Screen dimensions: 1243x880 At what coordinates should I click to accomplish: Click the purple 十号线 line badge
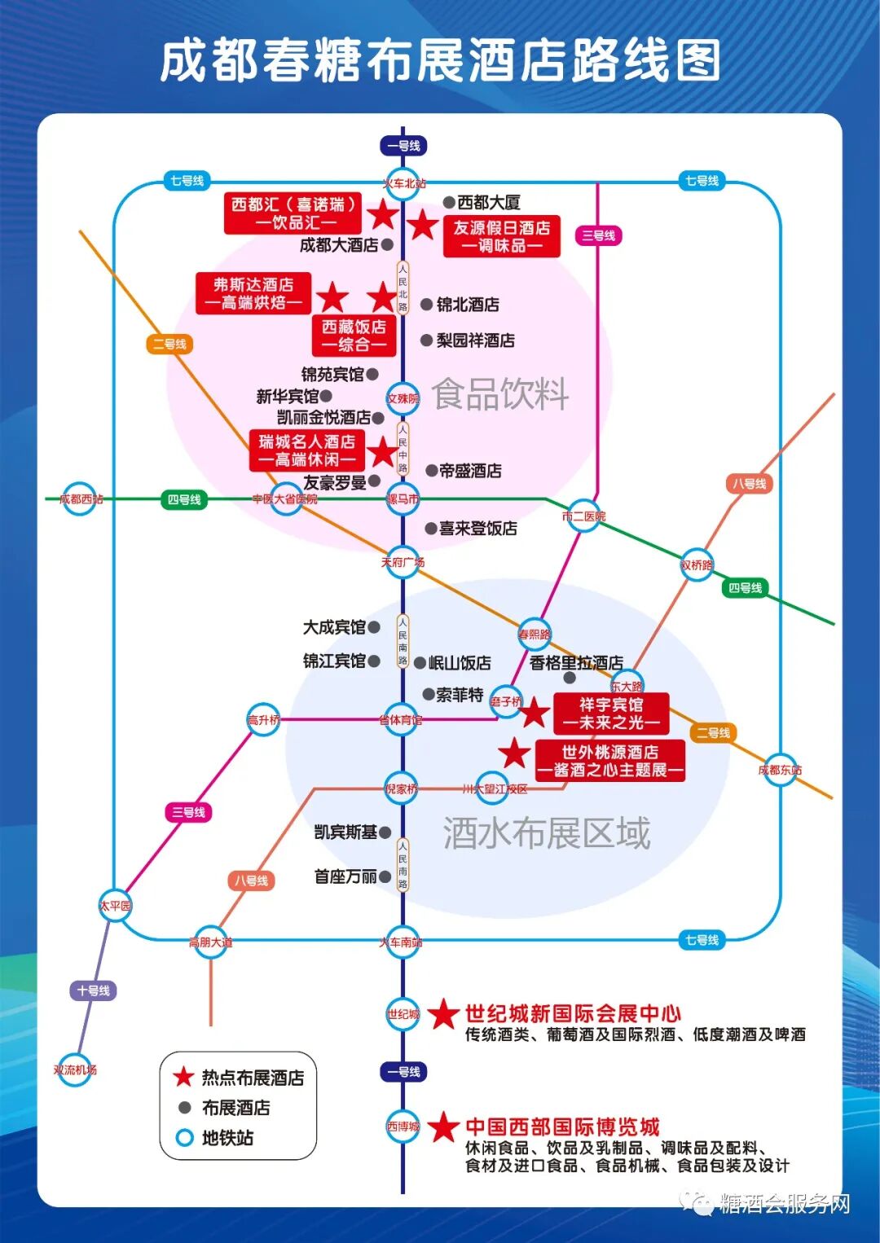[x=94, y=990]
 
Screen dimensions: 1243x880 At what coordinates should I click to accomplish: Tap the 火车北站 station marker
[x=403, y=183]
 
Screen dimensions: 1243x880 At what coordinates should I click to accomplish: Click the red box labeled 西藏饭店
[x=354, y=336]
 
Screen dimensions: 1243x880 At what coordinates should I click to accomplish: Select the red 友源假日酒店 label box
[x=502, y=236]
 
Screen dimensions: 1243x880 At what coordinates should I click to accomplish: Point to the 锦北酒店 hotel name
[x=468, y=305]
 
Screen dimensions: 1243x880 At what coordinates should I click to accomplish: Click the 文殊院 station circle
[x=403, y=398]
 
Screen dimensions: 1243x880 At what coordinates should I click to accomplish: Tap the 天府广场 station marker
[x=403, y=562]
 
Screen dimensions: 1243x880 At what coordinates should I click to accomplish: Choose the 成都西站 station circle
[x=81, y=499]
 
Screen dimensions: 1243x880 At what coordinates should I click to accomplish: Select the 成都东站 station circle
[x=780, y=770]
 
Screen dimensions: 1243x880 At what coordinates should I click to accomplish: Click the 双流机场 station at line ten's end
[x=75, y=1070]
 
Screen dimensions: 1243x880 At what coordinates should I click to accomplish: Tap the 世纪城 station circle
[x=403, y=1014]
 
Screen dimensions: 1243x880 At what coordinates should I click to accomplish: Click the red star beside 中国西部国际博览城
[x=444, y=1127]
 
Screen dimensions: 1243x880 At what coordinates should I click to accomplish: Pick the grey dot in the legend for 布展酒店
[x=185, y=1108]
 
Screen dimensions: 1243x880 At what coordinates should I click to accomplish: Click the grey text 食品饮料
[x=500, y=394]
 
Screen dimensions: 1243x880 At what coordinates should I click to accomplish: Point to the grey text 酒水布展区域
[x=547, y=833]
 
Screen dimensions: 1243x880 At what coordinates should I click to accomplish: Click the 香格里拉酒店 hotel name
[x=576, y=663]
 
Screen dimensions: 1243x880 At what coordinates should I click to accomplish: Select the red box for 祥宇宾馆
[x=611, y=714]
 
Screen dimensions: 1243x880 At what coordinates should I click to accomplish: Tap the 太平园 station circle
[x=115, y=905]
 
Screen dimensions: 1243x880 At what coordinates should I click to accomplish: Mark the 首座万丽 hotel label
[x=345, y=876]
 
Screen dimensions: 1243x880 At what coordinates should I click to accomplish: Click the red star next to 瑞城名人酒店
[x=382, y=451]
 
